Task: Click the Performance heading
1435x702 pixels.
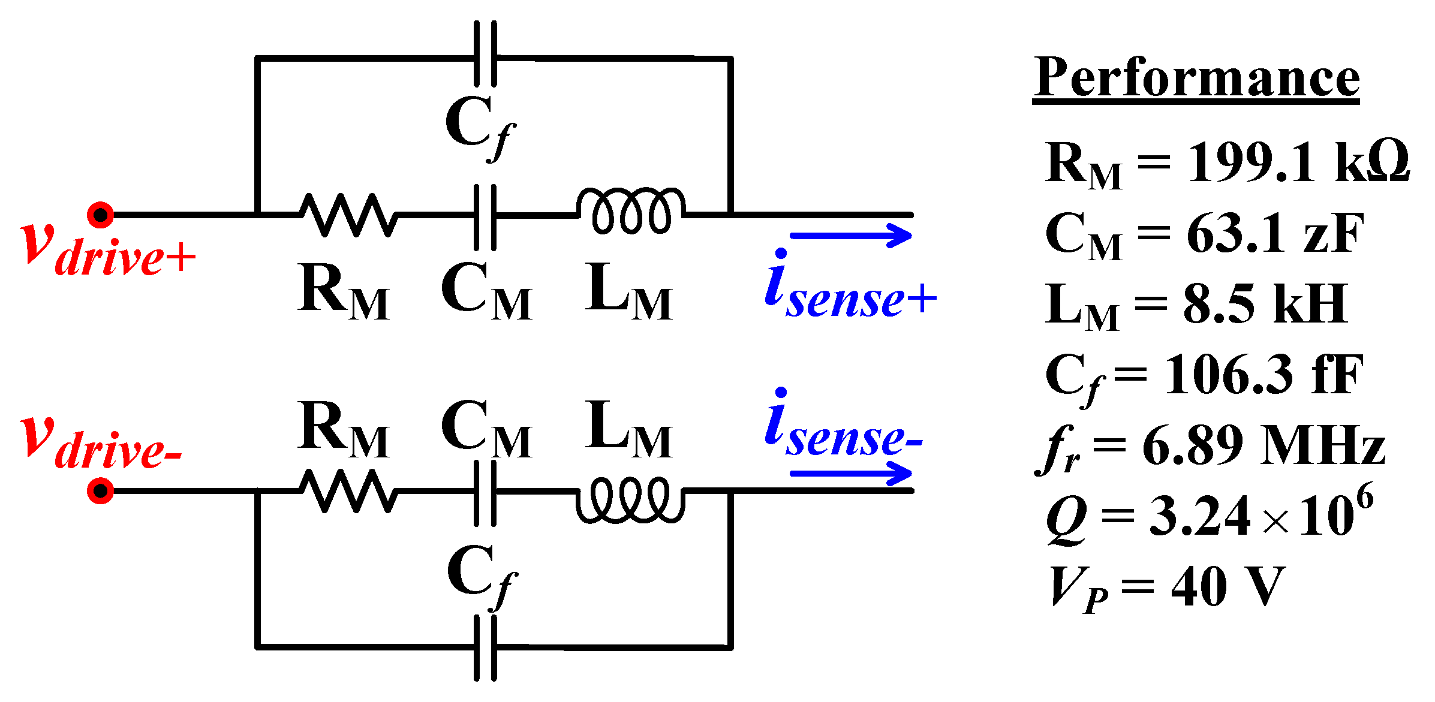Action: coord(1196,78)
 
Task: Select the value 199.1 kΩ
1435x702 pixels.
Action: coord(1298,162)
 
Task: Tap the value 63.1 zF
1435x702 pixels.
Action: coord(1275,233)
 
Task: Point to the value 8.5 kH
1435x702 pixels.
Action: coord(1265,304)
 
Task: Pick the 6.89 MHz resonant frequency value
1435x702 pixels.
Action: coord(1263,445)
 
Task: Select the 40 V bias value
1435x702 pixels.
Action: coord(1227,587)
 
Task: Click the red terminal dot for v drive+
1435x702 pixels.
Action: coord(100,215)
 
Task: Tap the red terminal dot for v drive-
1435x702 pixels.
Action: coord(100,491)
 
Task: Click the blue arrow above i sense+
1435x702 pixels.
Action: coord(852,235)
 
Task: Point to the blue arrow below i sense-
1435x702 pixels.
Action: coord(852,474)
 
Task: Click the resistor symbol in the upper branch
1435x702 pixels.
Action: coord(348,215)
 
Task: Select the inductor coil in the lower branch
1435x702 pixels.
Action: coord(630,499)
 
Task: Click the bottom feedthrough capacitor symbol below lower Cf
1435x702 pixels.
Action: coord(485,648)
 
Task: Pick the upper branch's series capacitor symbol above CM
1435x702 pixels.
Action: coord(485,217)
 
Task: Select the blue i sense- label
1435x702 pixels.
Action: coord(843,426)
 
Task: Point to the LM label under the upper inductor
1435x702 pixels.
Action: coord(628,292)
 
